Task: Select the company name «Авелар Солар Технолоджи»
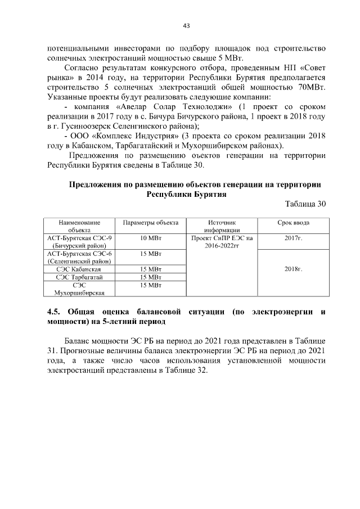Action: (x=166, y=107)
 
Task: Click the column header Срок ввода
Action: (x=293, y=223)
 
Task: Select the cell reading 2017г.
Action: (x=293, y=238)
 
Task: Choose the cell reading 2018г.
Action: (x=293, y=269)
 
